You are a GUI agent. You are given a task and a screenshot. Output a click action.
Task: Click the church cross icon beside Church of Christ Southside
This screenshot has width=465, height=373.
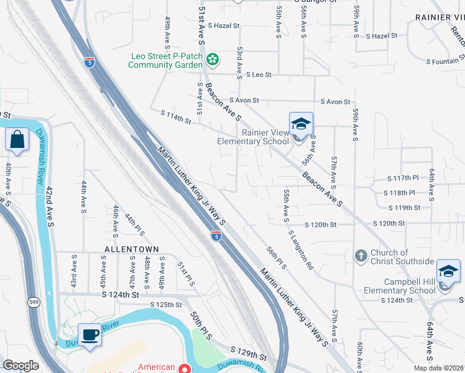pyautogui.click(x=361, y=256)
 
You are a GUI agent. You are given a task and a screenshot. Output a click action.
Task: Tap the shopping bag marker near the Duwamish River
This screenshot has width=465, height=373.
pyautogui.click(x=17, y=140)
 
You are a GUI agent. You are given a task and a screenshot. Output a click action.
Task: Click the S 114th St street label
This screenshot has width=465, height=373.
pyautogui.click(x=176, y=116)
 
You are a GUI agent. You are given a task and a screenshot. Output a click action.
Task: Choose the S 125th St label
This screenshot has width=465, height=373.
pyautogui.click(x=166, y=305)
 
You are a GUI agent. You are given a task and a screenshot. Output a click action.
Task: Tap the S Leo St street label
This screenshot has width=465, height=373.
pyautogui.click(x=258, y=75)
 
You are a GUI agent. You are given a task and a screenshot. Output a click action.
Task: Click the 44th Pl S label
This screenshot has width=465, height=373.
pyautogui.click(x=134, y=225)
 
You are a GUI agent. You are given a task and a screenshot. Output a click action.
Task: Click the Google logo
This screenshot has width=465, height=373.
pyautogui.click(x=21, y=366)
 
